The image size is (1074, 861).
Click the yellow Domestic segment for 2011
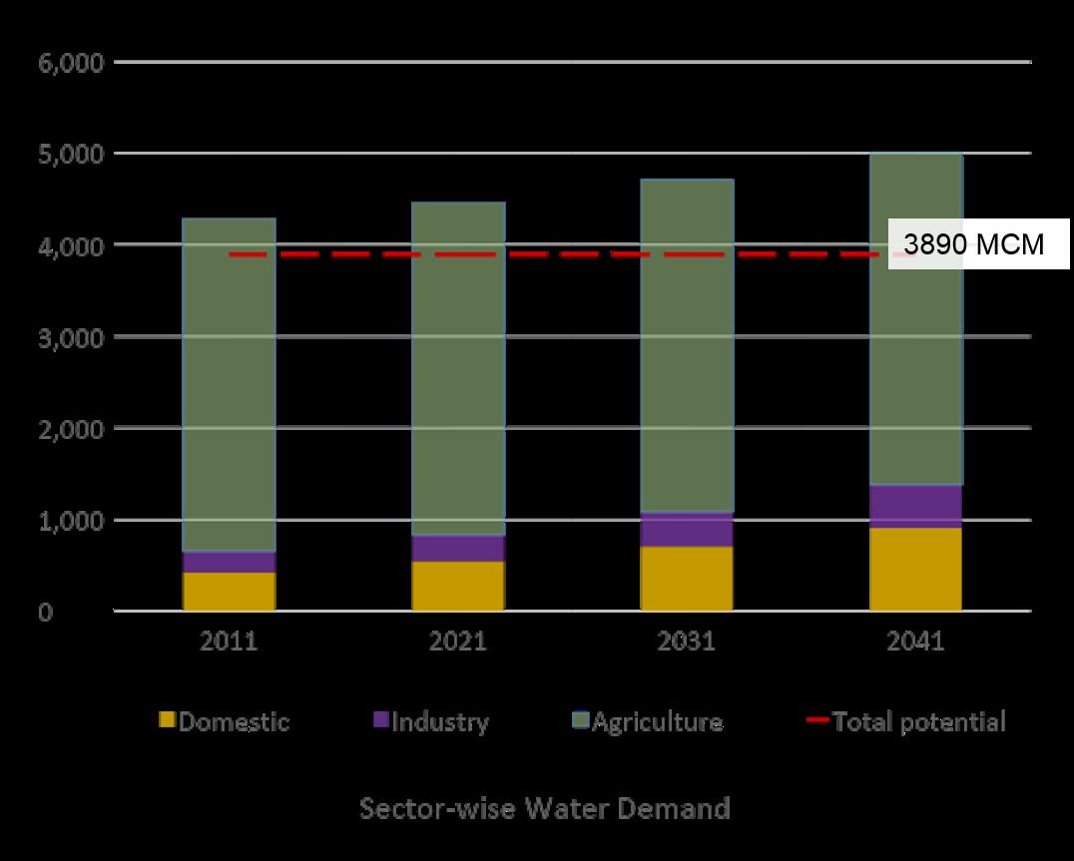pyautogui.click(x=229, y=591)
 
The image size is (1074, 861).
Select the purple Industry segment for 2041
pyautogui.click(x=915, y=506)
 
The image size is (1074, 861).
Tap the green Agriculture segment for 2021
pyautogui.click(x=458, y=369)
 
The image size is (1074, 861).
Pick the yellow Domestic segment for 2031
pyautogui.click(x=687, y=578)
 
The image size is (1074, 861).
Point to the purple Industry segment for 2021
pyautogui.click(x=458, y=548)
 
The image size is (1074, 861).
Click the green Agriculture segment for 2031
pyautogui.click(x=687, y=344)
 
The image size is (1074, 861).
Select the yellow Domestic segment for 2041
pyautogui.click(x=915, y=569)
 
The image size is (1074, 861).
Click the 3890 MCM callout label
pyautogui.click(x=973, y=245)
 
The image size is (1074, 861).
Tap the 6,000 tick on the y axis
pyautogui.click(x=70, y=63)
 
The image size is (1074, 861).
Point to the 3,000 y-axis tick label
pyautogui.click(x=70, y=337)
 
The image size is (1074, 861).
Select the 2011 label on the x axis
pyautogui.click(x=229, y=641)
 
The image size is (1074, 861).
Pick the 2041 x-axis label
pyautogui.click(x=915, y=641)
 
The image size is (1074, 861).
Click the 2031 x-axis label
pyautogui.click(x=687, y=641)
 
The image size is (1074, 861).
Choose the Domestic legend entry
pyautogui.click(x=226, y=721)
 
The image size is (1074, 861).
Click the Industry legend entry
pyautogui.click(x=431, y=721)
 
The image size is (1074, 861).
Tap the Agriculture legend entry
pyautogui.click(x=648, y=721)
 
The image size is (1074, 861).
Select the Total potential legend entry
pyautogui.click(x=908, y=721)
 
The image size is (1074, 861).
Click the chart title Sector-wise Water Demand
pyautogui.click(x=544, y=807)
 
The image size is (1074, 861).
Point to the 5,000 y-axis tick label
pyautogui.click(x=70, y=155)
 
